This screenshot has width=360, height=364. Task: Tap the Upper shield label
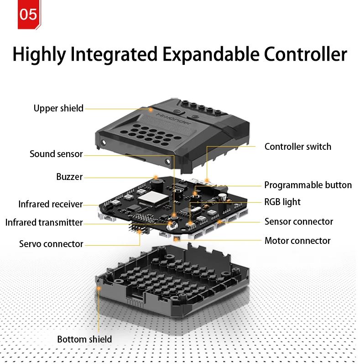click(x=58, y=108)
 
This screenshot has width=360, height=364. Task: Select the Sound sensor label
click(x=56, y=154)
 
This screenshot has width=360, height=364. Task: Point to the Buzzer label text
click(x=69, y=177)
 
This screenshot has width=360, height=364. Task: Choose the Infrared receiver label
click(x=50, y=204)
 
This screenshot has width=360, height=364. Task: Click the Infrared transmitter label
click(x=44, y=222)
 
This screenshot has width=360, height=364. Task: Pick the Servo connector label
click(x=51, y=243)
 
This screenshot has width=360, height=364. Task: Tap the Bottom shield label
click(x=84, y=339)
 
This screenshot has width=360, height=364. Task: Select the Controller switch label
click(x=297, y=147)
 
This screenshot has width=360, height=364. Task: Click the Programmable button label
click(x=308, y=185)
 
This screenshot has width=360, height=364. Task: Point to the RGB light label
click(x=282, y=202)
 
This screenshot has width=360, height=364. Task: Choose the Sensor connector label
click(x=298, y=222)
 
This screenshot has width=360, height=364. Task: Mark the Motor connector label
click(x=297, y=241)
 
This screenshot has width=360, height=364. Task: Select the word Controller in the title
click(x=305, y=54)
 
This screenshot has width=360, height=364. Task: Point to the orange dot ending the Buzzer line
click(x=156, y=176)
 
